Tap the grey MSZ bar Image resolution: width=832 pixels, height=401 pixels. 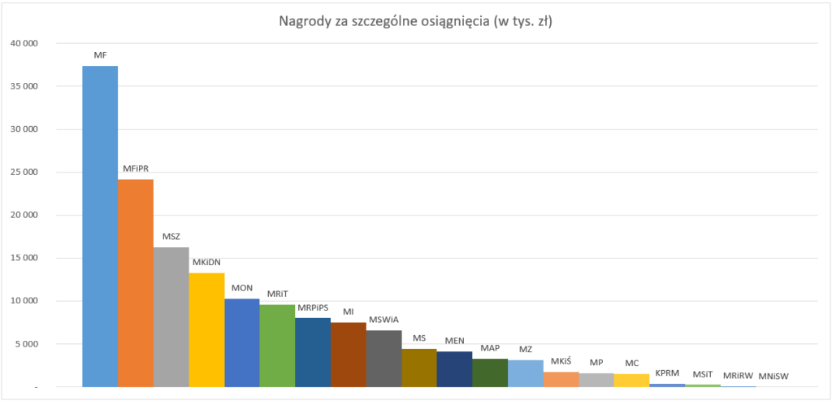pyautogui.click(x=171, y=317)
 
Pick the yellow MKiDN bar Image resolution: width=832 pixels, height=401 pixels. pyautogui.click(x=206, y=329)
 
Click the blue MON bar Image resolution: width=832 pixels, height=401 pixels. pyautogui.click(x=242, y=342)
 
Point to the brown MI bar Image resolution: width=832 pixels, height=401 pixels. pyautogui.click(x=349, y=355)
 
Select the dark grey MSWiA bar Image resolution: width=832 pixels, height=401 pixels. pyautogui.click(x=383, y=359)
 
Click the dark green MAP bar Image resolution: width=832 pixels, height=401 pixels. pyautogui.click(x=490, y=373)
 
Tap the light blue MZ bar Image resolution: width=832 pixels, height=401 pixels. pyautogui.click(x=526, y=373)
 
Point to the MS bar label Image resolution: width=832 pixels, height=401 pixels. pyautogui.click(x=419, y=338)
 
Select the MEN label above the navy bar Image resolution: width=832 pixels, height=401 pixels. pyautogui.click(x=455, y=341)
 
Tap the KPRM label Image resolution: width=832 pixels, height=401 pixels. pyautogui.click(x=667, y=373)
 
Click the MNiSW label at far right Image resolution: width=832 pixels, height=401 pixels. pyautogui.click(x=773, y=377)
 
